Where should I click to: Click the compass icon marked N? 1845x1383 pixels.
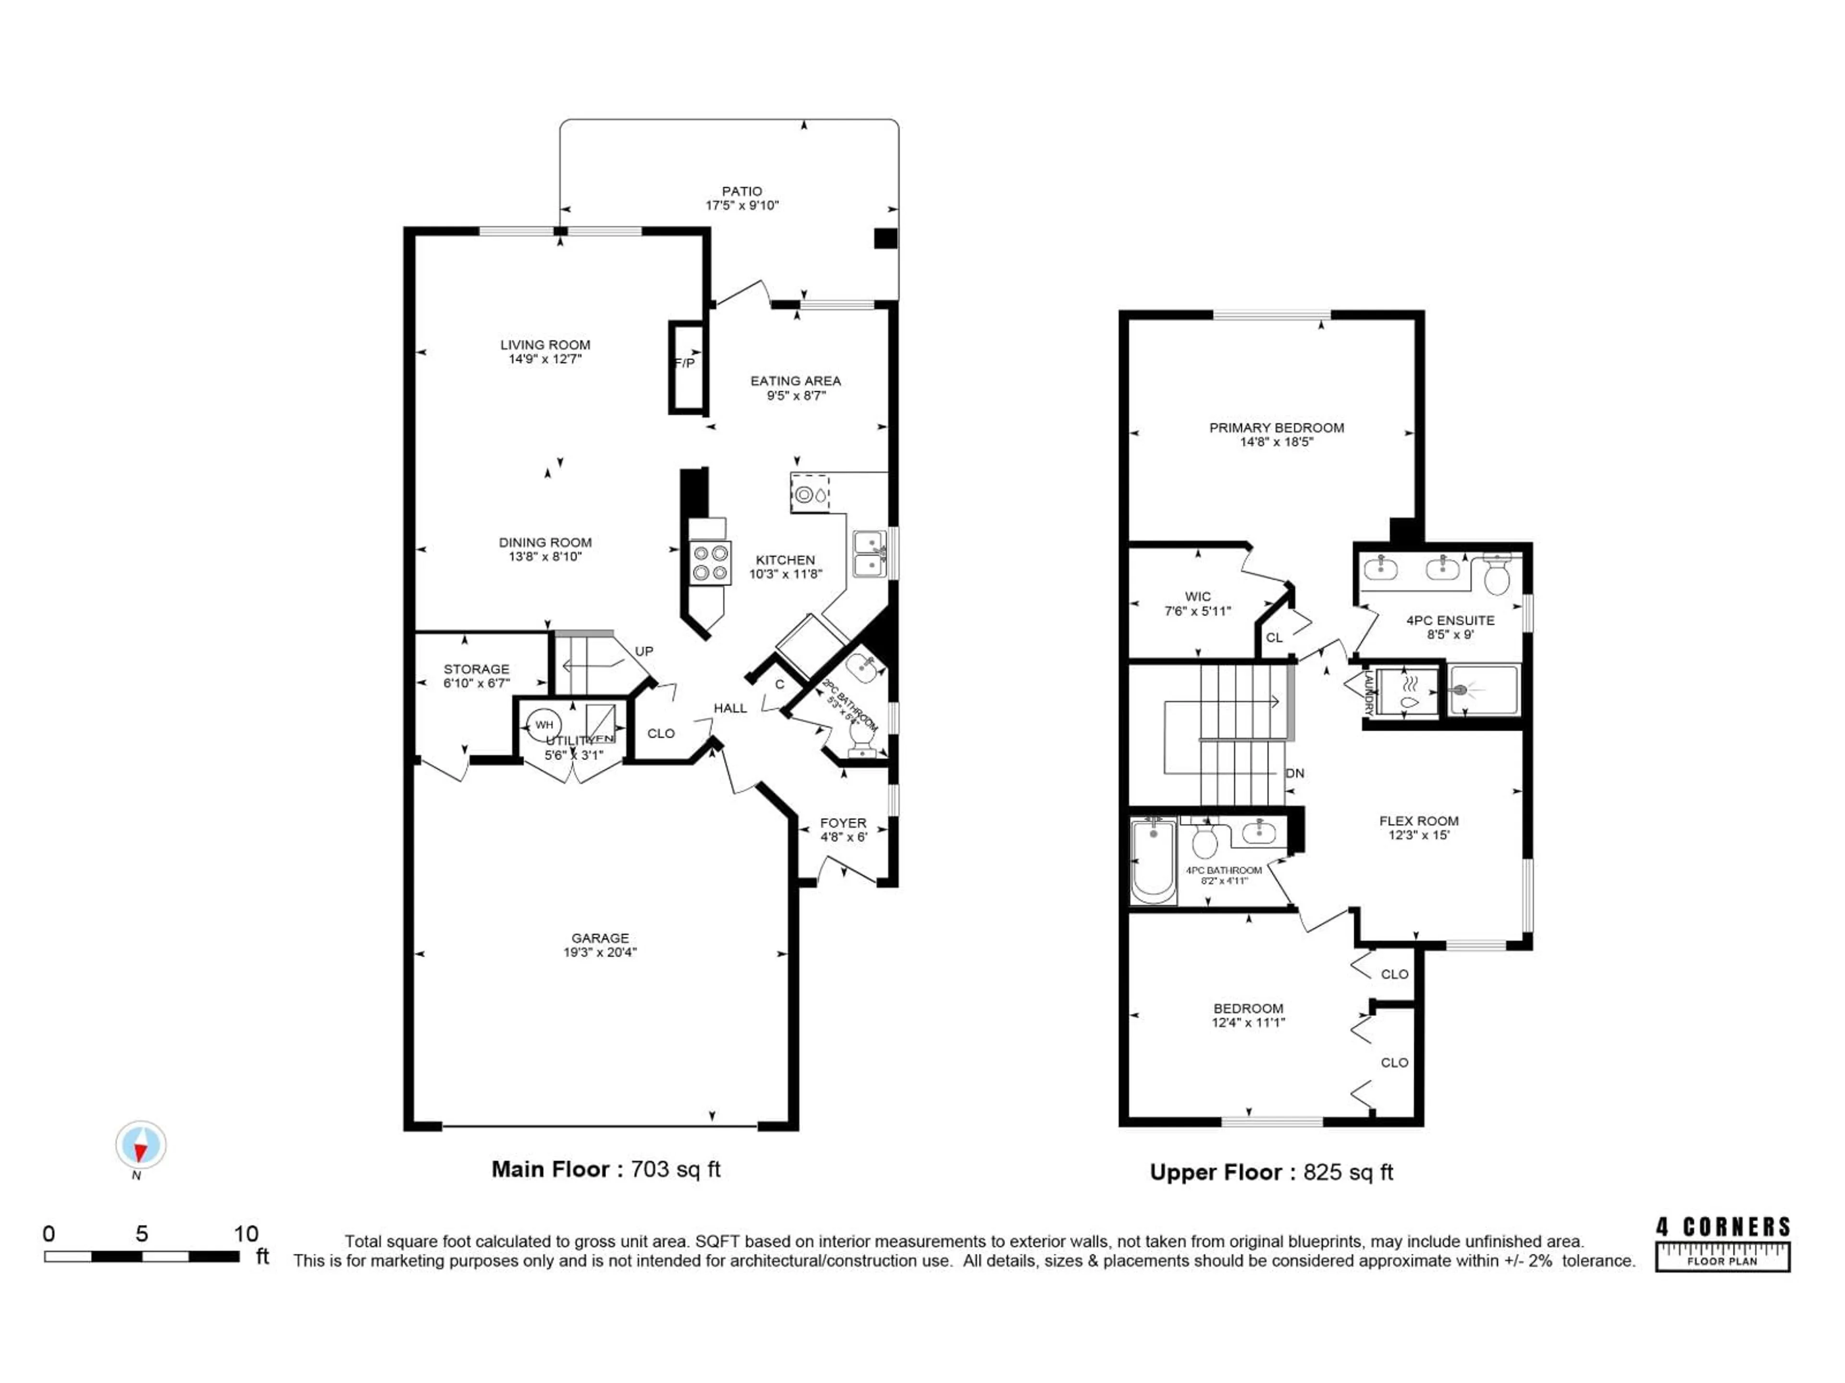pyautogui.click(x=140, y=1145)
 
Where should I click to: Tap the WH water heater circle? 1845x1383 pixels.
pyautogui.click(x=544, y=725)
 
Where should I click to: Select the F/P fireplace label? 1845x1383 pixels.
pyautogui.click(x=684, y=364)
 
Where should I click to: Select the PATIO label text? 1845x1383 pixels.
pyautogui.click(x=741, y=191)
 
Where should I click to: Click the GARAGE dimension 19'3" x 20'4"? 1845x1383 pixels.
pyautogui.click(x=600, y=952)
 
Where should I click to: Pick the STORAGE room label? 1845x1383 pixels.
pyautogui.click(x=476, y=668)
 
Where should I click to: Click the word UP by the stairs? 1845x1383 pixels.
pyautogui.click(x=644, y=651)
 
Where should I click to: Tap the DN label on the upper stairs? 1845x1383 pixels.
pyautogui.click(x=1294, y=773)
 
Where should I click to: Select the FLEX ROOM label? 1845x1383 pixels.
pyautogui.click(x=1419, y=820)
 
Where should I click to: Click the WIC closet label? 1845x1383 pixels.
pyautogui.click(x=1198, y=596)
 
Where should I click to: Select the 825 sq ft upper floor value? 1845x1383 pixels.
pyautogui.click(x=1348, y=1172)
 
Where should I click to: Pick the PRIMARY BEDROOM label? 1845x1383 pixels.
pyautogui.click(x=1276, y=428)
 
